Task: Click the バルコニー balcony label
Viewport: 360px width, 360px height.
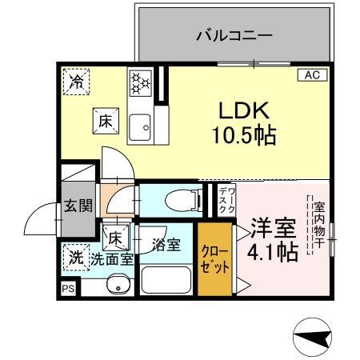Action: [234, 35]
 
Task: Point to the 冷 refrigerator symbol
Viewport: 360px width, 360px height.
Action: [77, 81]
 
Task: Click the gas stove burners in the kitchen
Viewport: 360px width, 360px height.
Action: [141, 82]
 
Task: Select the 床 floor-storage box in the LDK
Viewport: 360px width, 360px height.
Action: [106, 121]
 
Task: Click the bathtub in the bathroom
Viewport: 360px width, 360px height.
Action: [166, 280]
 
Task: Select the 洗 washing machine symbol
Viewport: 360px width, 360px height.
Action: [75, 258]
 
